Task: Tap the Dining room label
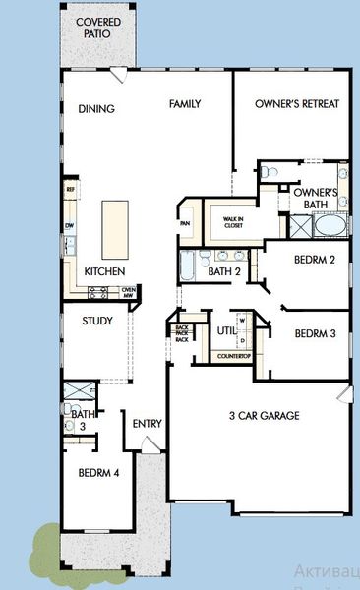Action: pos(96,109)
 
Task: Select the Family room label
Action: pos(185,103)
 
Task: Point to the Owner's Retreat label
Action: pos(296,103)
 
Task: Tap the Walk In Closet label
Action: pos(232,222)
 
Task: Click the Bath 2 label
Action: pos(224,270)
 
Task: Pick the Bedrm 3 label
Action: pos(315,333)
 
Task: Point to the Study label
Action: pos(96,321)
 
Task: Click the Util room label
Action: pos(225,331)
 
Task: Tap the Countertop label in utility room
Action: pos(233,355)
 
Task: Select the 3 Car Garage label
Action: pos(264,415)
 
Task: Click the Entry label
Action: pos(147,424)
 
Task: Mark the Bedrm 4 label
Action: pos(98,472)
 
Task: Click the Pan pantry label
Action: pos(185,223)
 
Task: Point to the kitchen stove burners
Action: pos(98,291)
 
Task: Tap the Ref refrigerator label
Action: pos(71,189)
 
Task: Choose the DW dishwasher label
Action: pos(70,225)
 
